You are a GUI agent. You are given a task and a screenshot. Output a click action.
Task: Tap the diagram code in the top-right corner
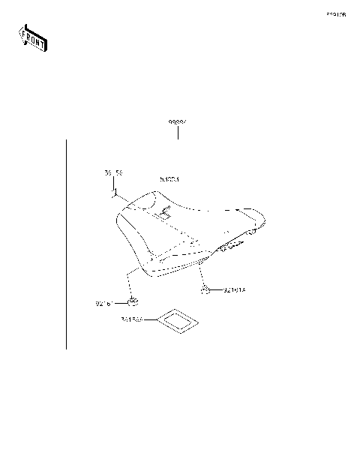335,14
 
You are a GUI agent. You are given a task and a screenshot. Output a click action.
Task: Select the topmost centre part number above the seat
177,121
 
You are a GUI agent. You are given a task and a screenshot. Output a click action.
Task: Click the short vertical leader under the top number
178,133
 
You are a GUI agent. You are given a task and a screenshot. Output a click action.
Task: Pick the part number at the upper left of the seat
112,173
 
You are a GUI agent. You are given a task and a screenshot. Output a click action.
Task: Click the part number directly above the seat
169,180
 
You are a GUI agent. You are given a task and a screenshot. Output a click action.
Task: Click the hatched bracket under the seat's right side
229,246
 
